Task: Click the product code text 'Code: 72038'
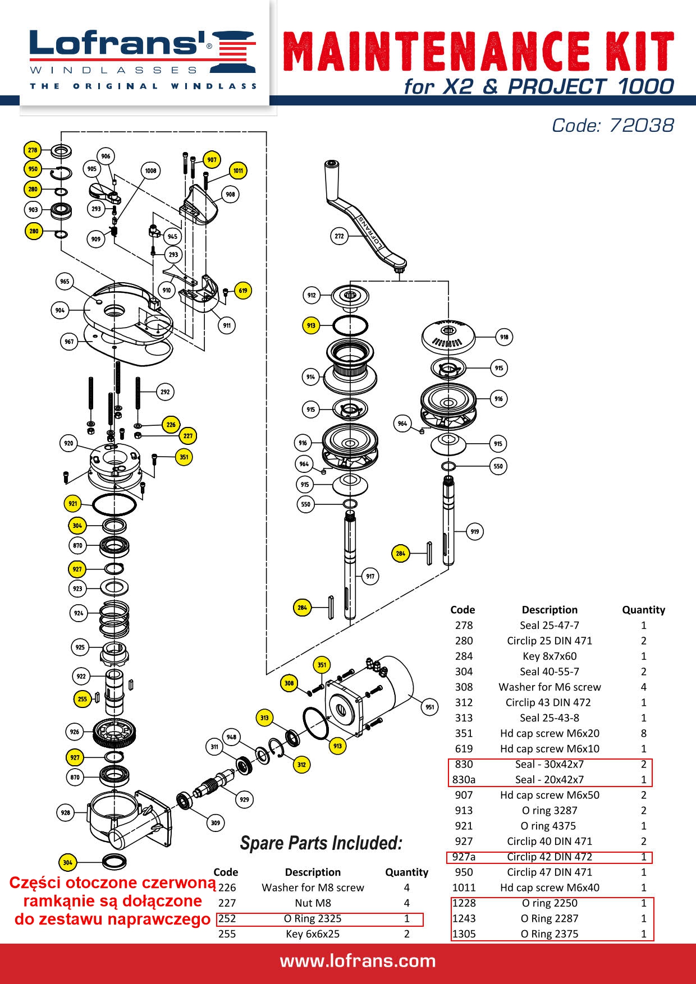click(612, 125)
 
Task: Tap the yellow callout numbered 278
click(33, 150)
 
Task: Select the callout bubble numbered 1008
click(150, 171)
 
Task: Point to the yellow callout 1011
click(238, 171)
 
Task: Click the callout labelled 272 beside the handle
click(339, 236)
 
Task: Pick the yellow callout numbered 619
click(242, 291)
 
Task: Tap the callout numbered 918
click(504, 337)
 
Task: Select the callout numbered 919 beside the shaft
click(475, 531)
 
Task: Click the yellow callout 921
click(72, 503)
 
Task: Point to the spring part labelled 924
click(114, 619)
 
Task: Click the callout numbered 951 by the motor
click(429, 707)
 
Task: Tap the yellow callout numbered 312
click(301, 764)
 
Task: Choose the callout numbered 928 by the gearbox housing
click(66, 812)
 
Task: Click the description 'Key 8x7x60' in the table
click(550, 656)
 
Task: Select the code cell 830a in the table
click(464, 779)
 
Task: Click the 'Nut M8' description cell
click(313, 903)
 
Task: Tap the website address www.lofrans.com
click(358, 961)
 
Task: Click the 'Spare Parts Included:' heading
click(321, 843)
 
